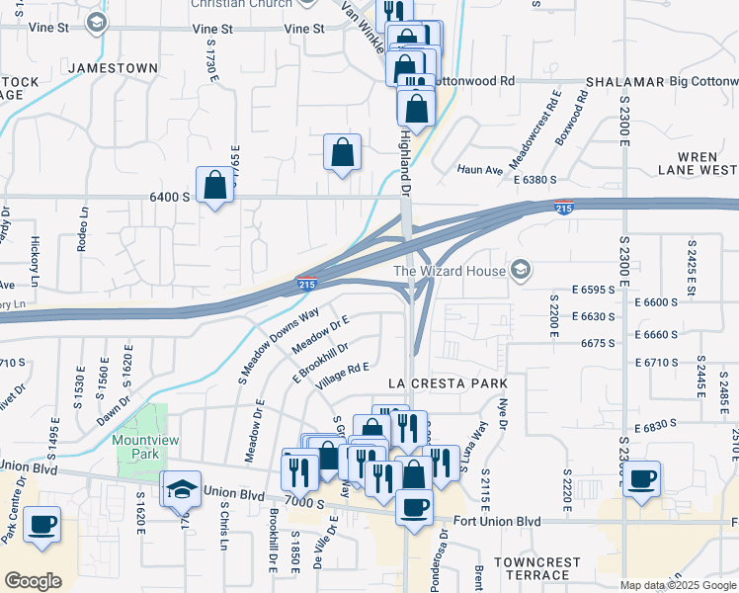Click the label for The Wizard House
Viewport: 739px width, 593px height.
pos(449,271)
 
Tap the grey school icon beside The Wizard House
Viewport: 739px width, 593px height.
pos(521,271)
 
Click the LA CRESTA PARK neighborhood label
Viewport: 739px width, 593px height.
pos(448,383)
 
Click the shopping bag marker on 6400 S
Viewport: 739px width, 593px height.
pos(214,185)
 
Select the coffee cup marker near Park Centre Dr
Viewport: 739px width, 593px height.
pos(41,526)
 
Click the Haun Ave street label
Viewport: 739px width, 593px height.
pos(480,169)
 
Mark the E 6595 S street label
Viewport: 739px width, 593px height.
pos(600,289)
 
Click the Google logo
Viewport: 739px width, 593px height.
pos(34,581)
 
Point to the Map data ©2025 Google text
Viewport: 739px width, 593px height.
pos(677,585)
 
